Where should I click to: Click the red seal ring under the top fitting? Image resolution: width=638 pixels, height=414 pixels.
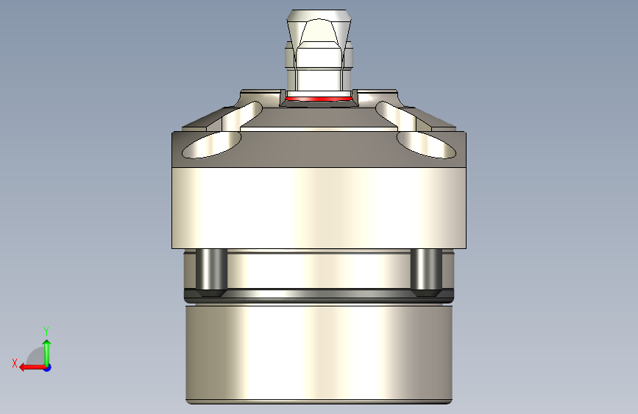pos(318,98)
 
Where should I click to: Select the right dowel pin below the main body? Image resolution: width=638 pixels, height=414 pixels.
pos(426,270)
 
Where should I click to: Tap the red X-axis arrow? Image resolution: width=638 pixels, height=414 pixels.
pos(29,367)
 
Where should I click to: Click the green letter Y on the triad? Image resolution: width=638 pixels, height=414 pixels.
pos(46,331)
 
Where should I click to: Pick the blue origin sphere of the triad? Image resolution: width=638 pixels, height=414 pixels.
pos(47,367)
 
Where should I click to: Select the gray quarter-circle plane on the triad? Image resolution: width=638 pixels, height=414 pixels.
pos(36,359)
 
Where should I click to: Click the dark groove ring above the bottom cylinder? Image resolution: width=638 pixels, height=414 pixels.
pos(318,298)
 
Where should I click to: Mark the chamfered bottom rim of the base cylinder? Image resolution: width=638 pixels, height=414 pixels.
pos(318,401)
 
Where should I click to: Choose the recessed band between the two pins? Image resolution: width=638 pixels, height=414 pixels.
pos(318,271)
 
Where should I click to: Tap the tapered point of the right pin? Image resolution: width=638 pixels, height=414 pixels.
pos(426,294)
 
